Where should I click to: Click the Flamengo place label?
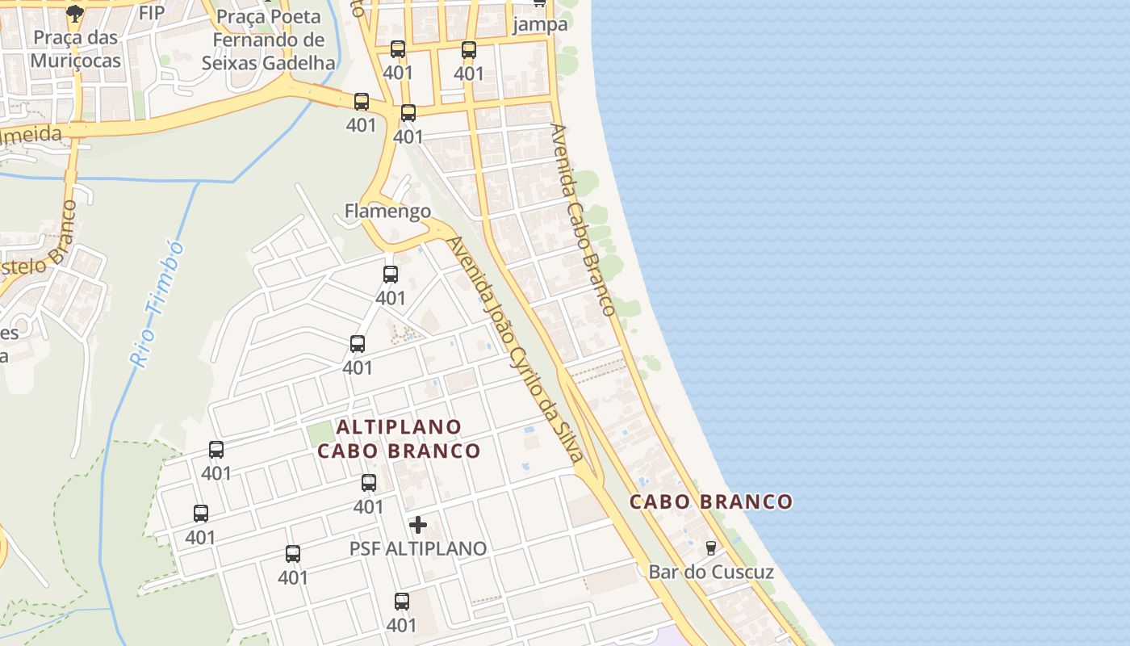coord(387,212)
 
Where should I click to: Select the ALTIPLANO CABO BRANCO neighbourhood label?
coord(399,438)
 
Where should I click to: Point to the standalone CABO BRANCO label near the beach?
coord(711,501)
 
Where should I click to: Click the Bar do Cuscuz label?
coord(711,573)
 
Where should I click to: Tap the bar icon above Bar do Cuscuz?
coord(710,547)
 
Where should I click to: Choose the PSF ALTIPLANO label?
coord(418,548)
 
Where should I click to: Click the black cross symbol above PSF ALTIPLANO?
coord(418,525)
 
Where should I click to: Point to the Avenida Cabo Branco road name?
coord(583,219)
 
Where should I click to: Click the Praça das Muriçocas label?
coord(75,49)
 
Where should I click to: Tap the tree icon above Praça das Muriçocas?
coord(75,13)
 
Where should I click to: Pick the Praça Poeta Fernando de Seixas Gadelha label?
coord(269,40)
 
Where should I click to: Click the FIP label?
coord(152,14)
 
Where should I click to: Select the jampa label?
coord(540,24)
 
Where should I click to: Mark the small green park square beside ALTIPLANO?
coord(320,434)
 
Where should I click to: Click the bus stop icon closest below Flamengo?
coord(391,275)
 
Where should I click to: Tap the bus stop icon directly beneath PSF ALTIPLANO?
coord(402,602)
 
